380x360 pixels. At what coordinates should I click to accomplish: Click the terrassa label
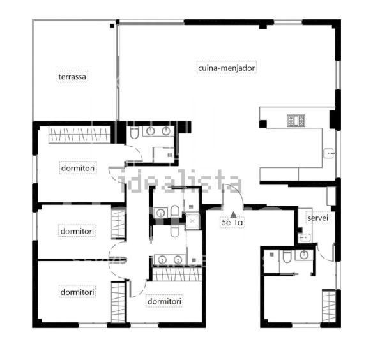72,77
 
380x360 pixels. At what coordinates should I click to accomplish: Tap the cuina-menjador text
226,68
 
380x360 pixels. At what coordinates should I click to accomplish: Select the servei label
317,218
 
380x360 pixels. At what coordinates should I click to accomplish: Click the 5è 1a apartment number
232,222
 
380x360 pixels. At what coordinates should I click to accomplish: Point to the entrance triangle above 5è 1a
233,214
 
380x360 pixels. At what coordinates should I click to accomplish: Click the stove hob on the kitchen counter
296,121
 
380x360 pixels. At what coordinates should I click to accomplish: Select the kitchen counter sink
330,154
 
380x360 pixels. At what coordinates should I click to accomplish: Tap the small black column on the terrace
112,26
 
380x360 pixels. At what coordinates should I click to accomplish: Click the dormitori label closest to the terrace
78,168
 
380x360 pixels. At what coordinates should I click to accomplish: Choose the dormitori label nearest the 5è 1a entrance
164,301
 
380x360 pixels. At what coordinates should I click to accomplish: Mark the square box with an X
192,221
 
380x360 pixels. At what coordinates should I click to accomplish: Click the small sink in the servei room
305,237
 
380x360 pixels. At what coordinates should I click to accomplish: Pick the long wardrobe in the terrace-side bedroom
79,135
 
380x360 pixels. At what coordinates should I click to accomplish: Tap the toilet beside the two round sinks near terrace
133,133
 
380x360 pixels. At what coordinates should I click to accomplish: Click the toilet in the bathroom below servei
287,257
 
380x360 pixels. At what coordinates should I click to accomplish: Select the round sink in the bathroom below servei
304,255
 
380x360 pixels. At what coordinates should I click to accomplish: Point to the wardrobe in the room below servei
329,306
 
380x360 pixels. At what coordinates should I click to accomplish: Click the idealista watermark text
181,181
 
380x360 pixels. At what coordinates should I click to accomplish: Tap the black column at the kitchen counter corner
263,124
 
